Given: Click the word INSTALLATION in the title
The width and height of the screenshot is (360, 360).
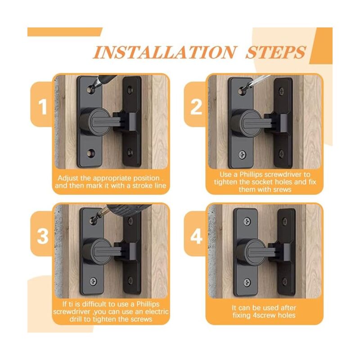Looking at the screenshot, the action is [x=164, y=53].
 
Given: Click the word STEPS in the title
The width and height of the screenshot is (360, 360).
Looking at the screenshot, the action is [x=276, y=53].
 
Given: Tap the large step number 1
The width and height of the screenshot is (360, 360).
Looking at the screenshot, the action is [x=43, y=107].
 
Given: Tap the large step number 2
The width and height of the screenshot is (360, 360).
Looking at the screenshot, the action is [x=196, y=107].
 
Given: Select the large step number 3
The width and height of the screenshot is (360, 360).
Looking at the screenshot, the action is [x=43, y=236].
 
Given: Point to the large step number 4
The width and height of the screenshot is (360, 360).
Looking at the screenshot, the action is [x=197, y=236].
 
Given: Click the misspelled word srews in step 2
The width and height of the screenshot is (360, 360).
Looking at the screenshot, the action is [x=281, y=189].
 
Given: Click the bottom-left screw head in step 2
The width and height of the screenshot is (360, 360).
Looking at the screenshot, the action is [x=242, y=154].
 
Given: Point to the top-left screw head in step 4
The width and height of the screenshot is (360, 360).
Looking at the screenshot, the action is [x=247, y=221].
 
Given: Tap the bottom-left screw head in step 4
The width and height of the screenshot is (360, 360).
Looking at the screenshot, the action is [x=247, y=283].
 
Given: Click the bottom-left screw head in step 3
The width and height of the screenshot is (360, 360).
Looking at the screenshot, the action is [x=93, y=281].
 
